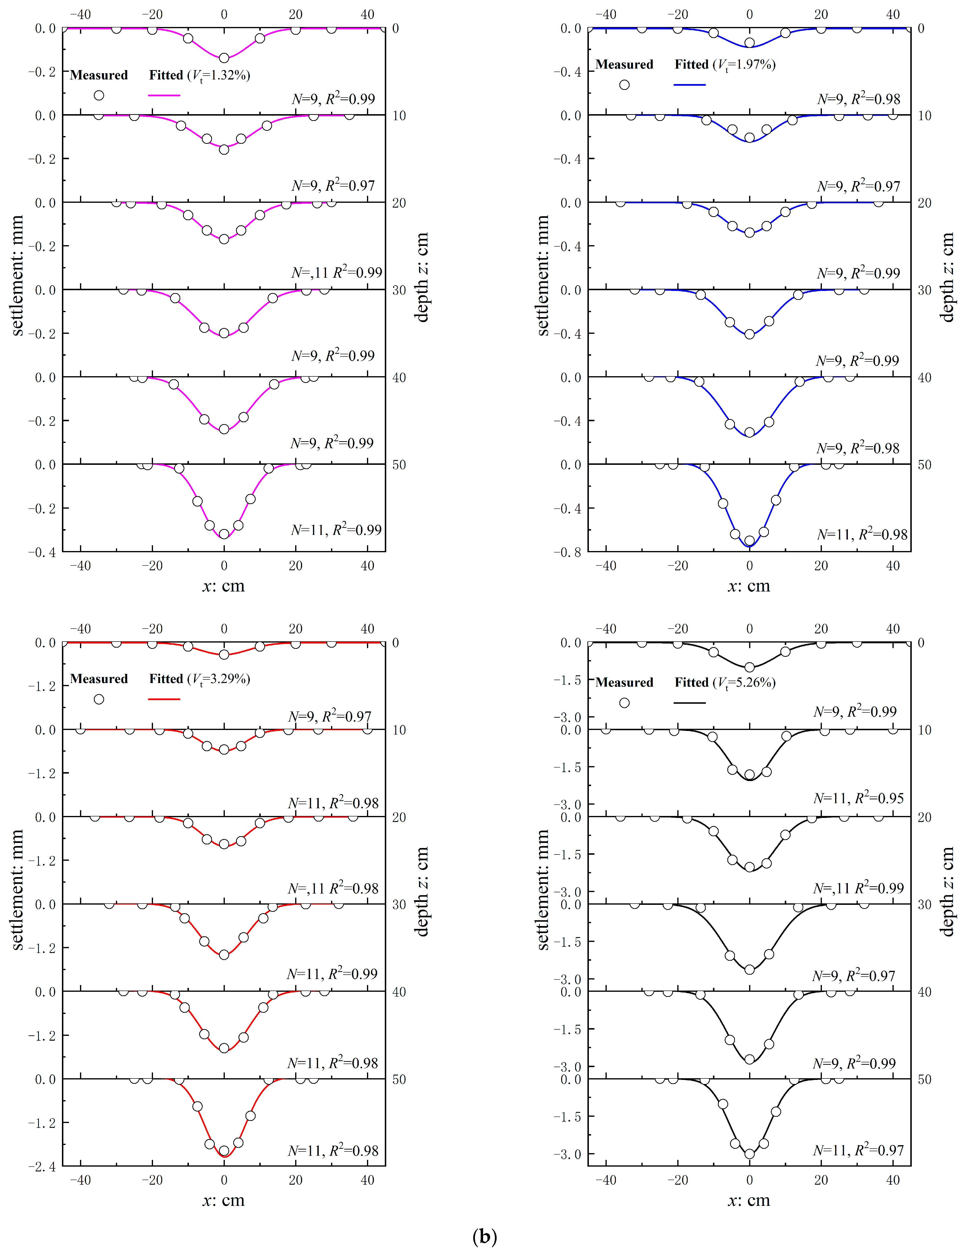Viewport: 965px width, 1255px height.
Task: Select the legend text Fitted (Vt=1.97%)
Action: pyautogui.click(x=725, y=64)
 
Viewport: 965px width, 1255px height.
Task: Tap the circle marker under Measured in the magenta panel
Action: pyautogui.click(x=99, y=95)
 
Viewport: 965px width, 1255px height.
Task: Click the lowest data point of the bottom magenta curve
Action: pyautogui.click(x=224, y=534)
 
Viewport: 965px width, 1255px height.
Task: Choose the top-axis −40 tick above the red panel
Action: pyautogui.click(x=80, y=629)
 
